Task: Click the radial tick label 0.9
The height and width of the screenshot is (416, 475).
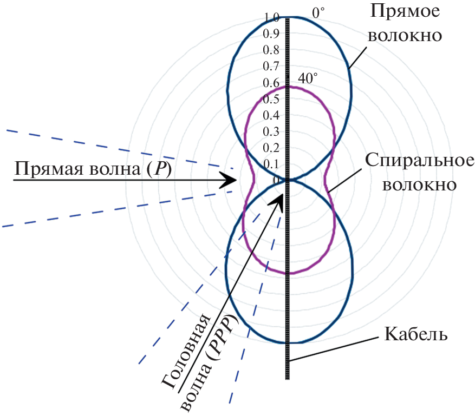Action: [x=271, y=34]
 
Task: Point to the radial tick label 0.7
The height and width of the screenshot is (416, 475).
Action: [x=271, y=66]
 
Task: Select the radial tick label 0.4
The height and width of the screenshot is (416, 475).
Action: [x=271, y=115]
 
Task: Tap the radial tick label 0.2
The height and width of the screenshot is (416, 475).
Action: [x=271, y=148]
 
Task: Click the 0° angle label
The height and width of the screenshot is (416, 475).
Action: [x=318, y=13]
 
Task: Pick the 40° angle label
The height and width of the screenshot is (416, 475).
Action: [x=308, y=78]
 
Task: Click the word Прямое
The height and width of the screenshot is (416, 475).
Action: [x=405, y=11]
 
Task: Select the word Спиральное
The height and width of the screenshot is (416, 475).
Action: [x=420, y=160]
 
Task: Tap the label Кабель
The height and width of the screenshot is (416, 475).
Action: [x=416, y=334]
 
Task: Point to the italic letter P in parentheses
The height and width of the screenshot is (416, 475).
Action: [x=159, y=169]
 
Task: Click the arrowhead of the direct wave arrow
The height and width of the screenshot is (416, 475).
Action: [x=229, y=180]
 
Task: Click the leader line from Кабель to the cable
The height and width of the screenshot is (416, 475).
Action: [x=334, y=348]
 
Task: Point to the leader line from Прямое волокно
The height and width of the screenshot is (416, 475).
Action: [x=358, y=57]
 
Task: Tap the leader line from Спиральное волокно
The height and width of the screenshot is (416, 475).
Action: [x=345, y=180]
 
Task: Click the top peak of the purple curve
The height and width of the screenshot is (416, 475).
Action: [x=290, y=87]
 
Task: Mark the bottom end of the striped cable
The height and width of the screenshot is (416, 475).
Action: [x=288, y=379]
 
